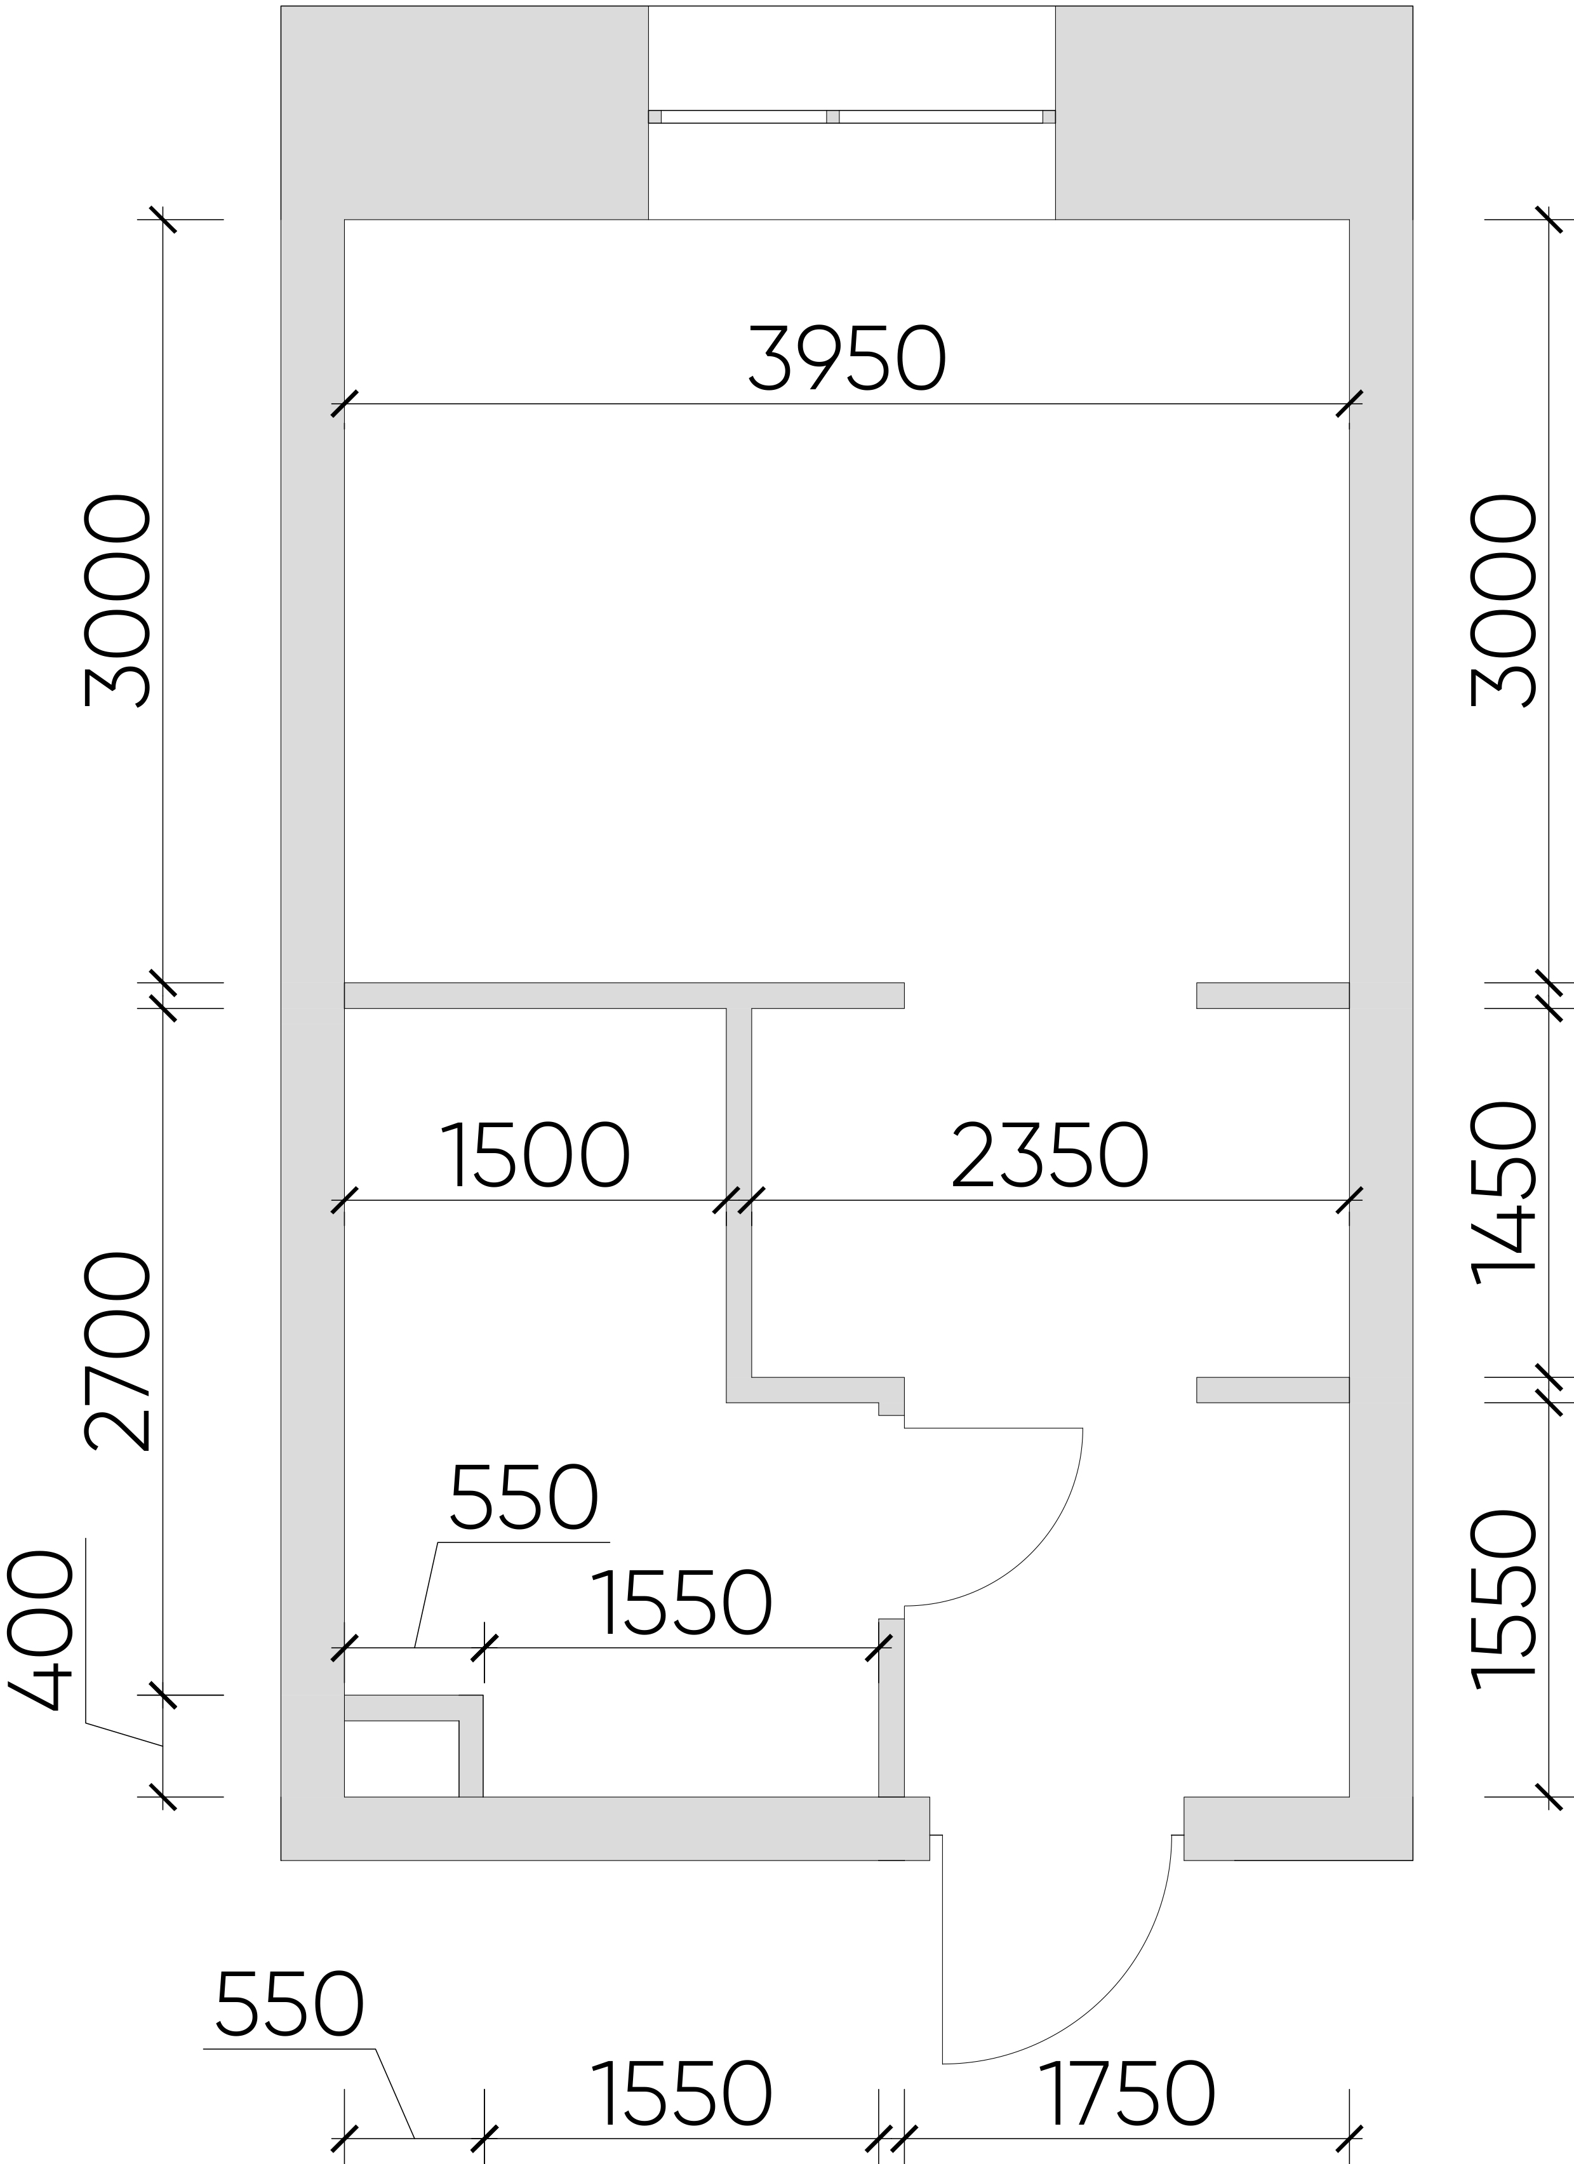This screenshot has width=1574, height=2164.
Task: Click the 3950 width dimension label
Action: [x=847, y=357]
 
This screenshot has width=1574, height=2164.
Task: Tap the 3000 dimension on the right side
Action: [x=1504, y=601]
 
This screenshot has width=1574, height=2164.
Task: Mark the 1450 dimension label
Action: [x=1504, y=1192]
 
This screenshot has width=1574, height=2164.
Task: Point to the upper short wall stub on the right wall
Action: [x=1272, y=995]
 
